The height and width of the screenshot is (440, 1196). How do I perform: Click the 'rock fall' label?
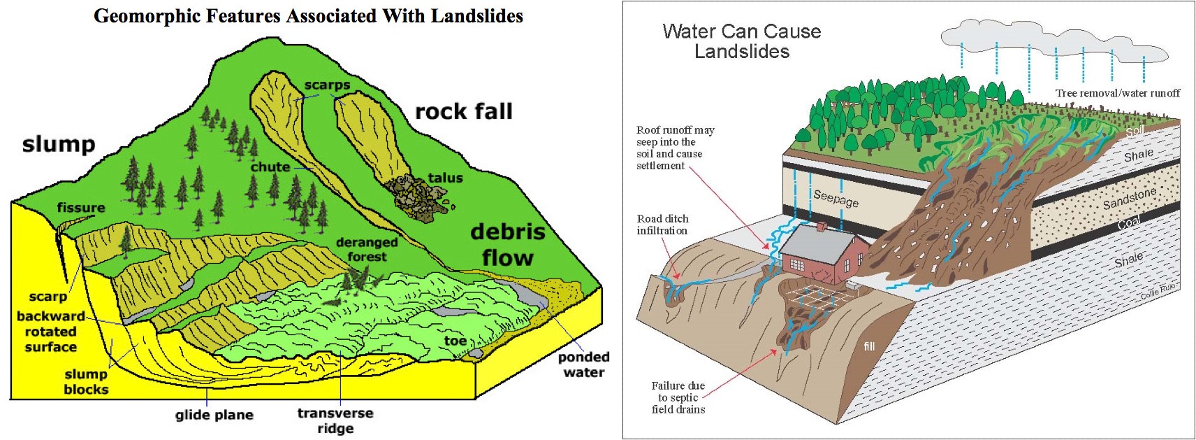click(464, 112)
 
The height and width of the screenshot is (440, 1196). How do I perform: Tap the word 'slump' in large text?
click(59, 144)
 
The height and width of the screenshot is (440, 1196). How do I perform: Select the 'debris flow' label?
click(508, 245)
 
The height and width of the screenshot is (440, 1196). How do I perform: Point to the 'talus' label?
click(445, 178)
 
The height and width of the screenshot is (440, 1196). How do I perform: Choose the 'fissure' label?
click(81, 208)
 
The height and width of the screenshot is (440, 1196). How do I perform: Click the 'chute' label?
click(270, 167)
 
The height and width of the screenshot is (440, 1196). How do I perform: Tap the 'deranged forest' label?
click(367, 250)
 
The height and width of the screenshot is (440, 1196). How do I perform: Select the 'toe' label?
click(455, 341)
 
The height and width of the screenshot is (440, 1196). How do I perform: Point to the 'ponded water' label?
click(583, 364)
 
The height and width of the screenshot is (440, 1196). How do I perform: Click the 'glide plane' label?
click(214, 415)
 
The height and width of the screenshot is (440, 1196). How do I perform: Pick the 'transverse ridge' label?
click(335, 420)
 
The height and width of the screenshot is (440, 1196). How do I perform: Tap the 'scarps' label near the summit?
click(327, 85)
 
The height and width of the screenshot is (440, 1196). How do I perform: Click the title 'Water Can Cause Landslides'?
click(741, 41)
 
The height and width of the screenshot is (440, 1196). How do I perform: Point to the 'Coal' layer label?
click(1129, 222)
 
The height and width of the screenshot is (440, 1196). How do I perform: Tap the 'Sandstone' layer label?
click(1130, 198)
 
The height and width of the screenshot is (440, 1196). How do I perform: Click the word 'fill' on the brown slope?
click(869, 346)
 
